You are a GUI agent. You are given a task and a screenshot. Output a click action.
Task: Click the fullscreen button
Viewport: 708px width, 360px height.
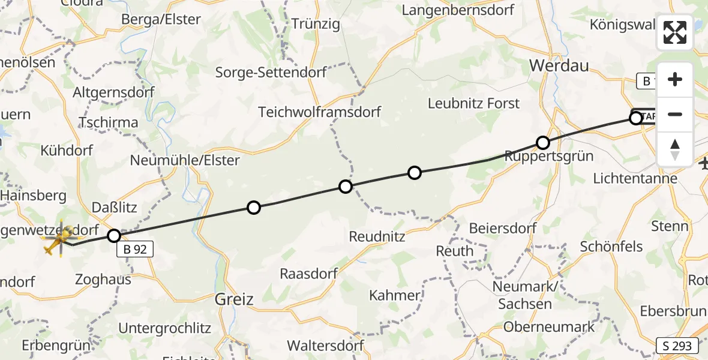tap(675, 32)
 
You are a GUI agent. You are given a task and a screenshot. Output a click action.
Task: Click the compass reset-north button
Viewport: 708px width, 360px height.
tap(675, 149)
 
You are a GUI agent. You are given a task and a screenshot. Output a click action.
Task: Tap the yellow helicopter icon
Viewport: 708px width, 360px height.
tap(59, 240)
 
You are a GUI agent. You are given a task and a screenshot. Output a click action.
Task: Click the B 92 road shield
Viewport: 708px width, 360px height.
tap(135, 249)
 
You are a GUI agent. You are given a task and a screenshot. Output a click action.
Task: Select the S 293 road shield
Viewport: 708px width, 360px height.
tap(677, 346)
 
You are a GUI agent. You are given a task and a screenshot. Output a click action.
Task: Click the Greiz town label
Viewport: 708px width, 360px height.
tap(235, 299)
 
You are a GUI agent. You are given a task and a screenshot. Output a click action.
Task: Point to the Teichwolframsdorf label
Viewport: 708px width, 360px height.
tap(320, 112)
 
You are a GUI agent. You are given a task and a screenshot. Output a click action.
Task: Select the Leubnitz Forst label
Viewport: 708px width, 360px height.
tap(473, 103)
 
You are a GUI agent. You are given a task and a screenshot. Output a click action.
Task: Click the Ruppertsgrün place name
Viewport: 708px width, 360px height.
tap(549, 157)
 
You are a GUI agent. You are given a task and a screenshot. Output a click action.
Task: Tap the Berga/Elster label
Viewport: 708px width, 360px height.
tap(161, 19)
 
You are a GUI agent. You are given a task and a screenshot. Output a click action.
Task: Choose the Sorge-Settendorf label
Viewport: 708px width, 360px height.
tap(271, 73)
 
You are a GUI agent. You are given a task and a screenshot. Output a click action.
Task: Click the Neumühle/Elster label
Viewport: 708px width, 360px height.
tap(185, 160)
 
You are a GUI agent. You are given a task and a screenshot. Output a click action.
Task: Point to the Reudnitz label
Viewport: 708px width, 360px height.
tap(377, 236)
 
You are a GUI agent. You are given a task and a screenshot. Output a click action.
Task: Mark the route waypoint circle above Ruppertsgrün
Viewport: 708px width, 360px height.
tap(542, 143)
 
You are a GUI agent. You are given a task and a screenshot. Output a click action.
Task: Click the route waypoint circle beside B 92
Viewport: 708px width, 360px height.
tap(114, 235)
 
